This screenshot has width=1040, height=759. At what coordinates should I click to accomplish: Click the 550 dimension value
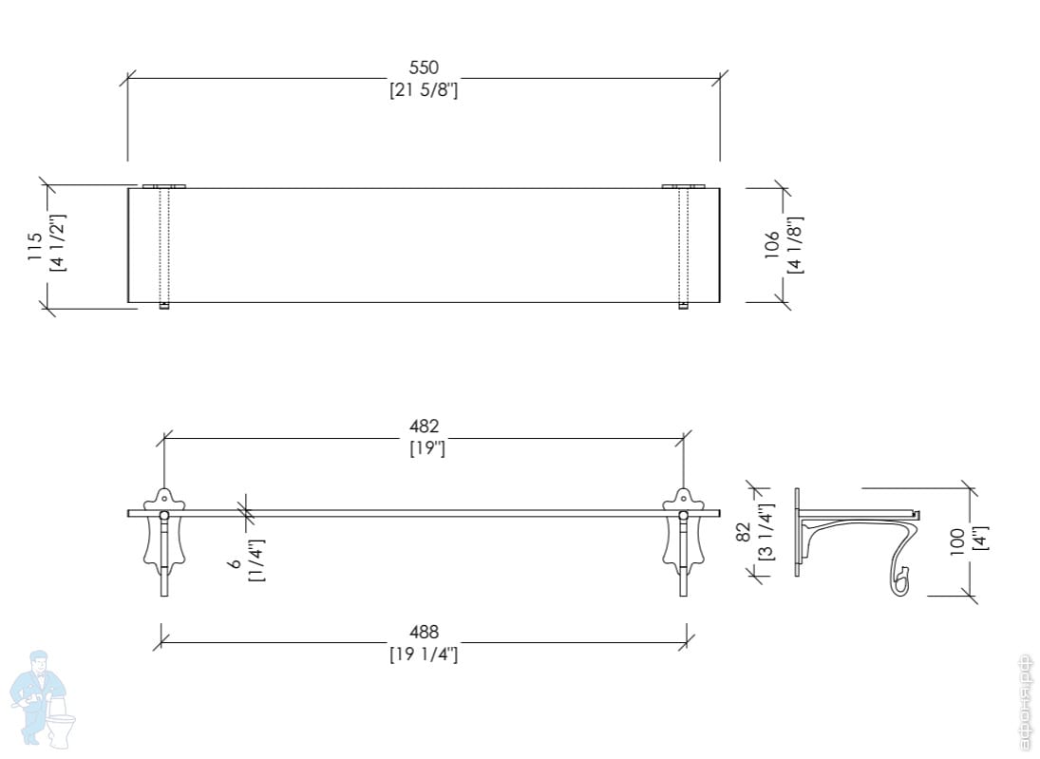pos(424,67)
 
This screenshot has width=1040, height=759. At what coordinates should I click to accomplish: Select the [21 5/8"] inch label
pos(424,89)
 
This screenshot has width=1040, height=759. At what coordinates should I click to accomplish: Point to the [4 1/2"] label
pos(58,242)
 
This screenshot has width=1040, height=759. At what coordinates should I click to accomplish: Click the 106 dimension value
pos(771,244)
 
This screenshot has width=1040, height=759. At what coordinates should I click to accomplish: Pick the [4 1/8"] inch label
pos(795,245)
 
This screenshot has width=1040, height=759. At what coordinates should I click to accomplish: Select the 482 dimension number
pos(424,426)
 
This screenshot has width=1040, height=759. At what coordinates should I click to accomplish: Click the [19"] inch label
pos(427,448)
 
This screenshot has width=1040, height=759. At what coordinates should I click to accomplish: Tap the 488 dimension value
pos(424,632)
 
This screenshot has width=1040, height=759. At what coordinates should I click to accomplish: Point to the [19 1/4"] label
pos(424,655)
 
